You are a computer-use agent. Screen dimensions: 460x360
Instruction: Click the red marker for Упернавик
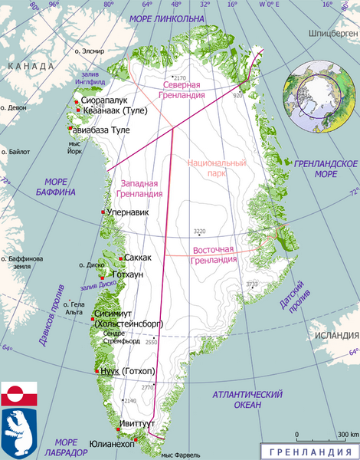point(103,212)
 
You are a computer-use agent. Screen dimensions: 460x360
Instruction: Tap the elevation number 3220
point(200,231)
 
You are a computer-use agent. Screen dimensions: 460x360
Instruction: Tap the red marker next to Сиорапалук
point(75,100)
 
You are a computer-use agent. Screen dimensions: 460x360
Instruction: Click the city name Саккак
point(138,258)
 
